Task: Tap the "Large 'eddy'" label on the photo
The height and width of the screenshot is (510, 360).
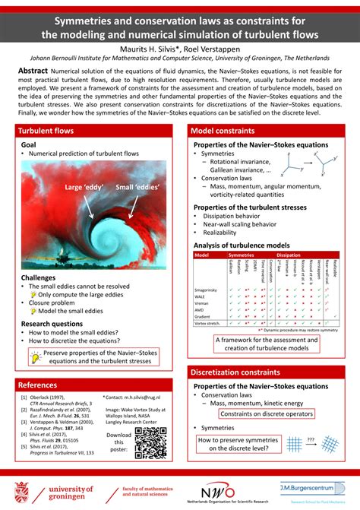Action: point(84,187)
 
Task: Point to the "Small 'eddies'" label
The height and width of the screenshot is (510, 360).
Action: point(136,187)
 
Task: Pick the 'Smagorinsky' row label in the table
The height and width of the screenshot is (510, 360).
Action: point(207,291)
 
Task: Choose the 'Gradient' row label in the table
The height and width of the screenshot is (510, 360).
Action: point(203,315)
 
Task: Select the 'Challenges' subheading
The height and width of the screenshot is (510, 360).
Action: point(38,278)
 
